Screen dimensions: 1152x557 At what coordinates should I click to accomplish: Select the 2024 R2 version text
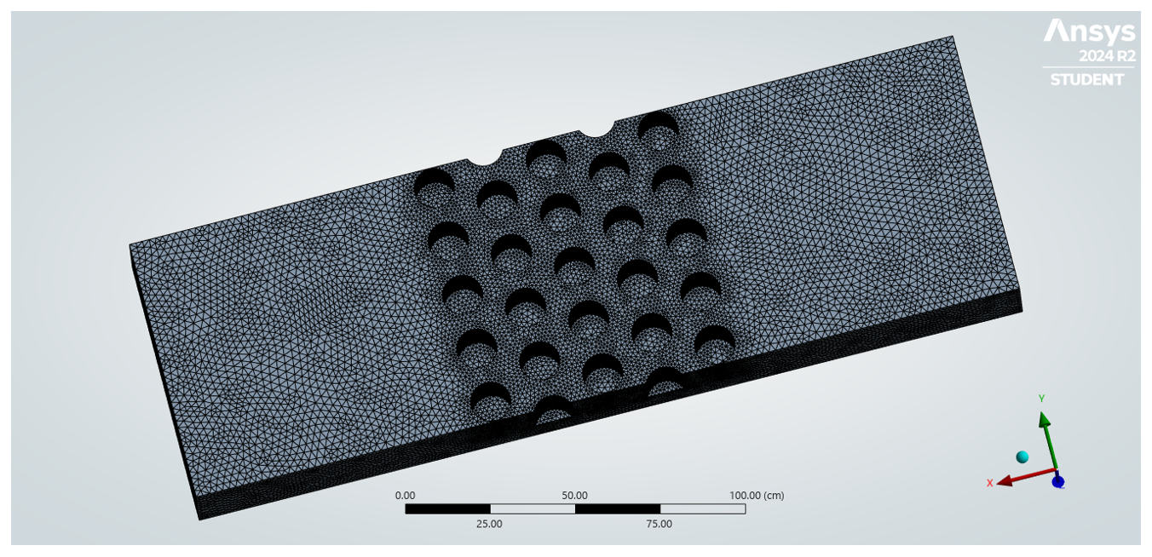click(1107, 55)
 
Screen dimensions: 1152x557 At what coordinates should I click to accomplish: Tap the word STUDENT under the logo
click(1086, 80)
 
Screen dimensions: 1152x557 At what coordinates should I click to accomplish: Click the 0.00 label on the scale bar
click(405, 496)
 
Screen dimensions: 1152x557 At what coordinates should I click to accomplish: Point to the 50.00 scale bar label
click(574, 496)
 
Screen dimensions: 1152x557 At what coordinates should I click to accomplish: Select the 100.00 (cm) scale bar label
click(757, 496)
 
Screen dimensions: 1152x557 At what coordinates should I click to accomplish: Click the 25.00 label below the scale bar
click(489, 524)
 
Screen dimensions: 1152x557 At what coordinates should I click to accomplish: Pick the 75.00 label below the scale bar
click(659, 524)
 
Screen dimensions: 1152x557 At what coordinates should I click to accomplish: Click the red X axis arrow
click(1027, 477)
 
